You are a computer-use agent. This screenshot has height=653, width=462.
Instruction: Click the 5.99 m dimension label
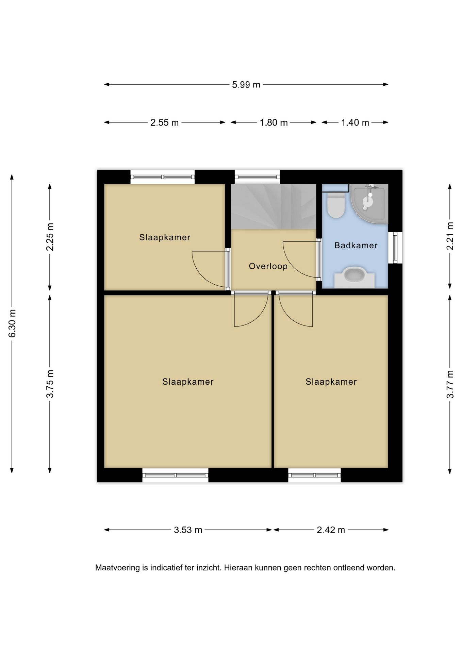[x=246, y=85]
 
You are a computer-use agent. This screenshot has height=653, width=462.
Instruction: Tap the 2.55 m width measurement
[x=164, y=122]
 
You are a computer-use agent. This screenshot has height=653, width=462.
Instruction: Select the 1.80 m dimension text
[x=274, y=122]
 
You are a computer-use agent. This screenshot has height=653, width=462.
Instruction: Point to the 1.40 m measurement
[x=355, y=122]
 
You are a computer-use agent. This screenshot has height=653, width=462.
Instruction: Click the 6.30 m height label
[x=12, y=323]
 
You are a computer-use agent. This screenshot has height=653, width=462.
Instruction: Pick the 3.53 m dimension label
[x=188, y=530]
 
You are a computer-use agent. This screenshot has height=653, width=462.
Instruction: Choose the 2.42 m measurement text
[x=331, y=530]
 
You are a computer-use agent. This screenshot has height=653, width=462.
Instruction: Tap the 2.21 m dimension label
[x=450, y=236]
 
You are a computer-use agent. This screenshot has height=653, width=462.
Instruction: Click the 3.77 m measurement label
[x=450, y=384]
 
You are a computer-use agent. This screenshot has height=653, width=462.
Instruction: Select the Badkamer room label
[x=356, y=245]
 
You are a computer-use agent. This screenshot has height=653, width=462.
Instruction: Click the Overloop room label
[x=268, y=266]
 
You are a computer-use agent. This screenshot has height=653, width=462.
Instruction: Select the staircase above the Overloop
[x=274, y=206]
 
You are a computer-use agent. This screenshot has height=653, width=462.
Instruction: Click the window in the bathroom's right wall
[x=395, y=248]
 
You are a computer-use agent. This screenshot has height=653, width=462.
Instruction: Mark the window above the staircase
[x=257, y=177]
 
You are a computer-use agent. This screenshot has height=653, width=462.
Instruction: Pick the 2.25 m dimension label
[x=50, y=237]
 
